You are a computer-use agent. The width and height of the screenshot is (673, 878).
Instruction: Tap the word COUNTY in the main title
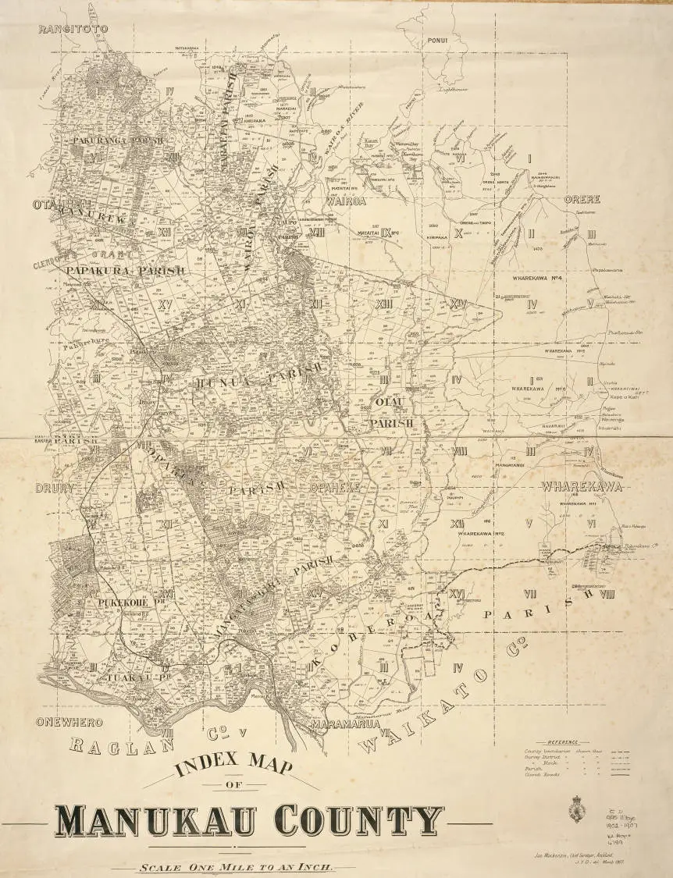pyautogui.click(x=351, y=820)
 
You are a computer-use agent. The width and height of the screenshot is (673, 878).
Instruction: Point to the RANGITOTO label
pyautogui.click(x=72, y=29)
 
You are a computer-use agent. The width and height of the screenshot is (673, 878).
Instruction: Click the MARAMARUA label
pyautogui.click(x=345, y=725)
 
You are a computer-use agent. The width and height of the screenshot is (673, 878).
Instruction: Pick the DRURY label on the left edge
pyautogui.click(x=54, y=489)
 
